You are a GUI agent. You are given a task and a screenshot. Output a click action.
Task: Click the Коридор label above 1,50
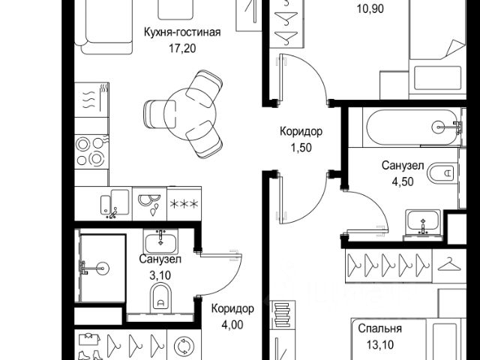click(301, 131)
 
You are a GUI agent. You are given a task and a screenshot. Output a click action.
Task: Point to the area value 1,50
click(301, 146)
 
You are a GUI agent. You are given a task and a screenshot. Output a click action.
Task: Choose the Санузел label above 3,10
click(160, 259)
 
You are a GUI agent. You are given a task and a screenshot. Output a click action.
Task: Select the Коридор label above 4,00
click(232, 309)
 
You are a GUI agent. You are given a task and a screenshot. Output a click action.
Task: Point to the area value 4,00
click(232, 324)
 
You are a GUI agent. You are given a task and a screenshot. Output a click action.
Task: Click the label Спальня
click(379, 328)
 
